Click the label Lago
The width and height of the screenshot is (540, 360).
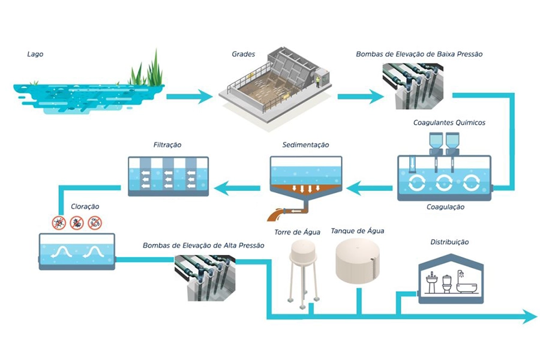tap(35, 55)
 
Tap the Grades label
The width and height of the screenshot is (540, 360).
tap(244, 55)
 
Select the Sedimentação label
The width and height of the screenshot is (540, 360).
tap(305, 145)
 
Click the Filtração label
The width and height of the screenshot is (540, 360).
tap(167, 145)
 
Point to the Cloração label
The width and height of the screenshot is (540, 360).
tap(85, 206)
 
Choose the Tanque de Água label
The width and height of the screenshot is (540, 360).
tap(358, 230)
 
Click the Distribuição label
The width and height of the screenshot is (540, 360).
tap(449, 242)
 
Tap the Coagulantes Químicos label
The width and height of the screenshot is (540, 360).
tap(449, 123)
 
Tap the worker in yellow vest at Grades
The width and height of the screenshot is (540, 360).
tap(318, 82)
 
